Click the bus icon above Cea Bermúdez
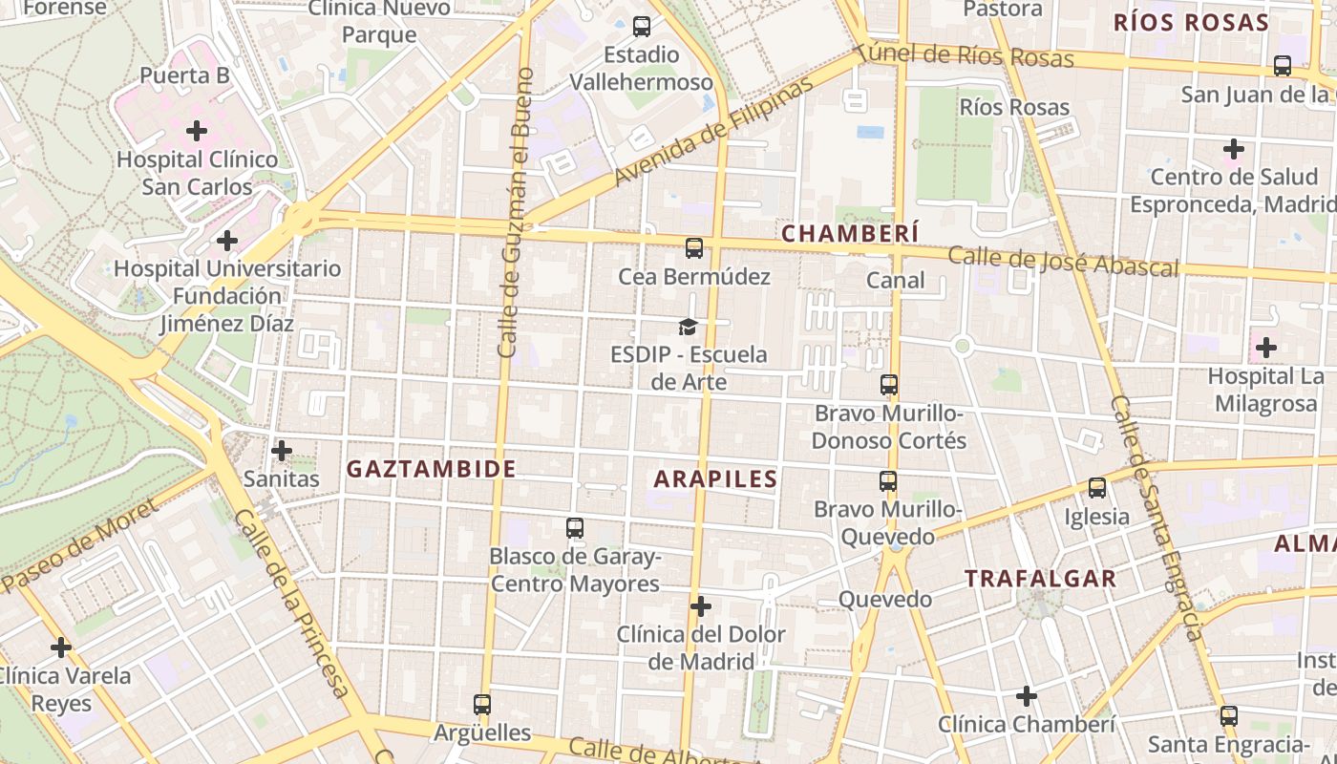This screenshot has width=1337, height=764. tap(694, 248)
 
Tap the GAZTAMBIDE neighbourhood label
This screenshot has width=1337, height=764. tap(431, 469)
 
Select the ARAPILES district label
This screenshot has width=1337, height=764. tap(715, 479)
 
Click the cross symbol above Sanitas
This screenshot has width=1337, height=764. tap(282, 450)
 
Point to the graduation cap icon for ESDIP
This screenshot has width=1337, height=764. tap(688, 328)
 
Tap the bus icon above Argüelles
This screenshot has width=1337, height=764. tap(482, 705)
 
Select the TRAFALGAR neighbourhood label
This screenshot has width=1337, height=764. tap(1040, 579)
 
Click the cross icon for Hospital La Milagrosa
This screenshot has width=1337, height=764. tap(1266, 348)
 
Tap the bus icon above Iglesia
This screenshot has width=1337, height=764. tap(1097, 488)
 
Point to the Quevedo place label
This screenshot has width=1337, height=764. tap(884, 600)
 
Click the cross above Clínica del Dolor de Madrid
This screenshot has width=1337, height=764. tap(701, 606)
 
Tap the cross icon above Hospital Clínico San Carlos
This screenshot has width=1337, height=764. tap(197, 130)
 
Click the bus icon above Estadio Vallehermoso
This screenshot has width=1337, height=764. tap(642, 27)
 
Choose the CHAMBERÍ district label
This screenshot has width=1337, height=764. tap(850, 233)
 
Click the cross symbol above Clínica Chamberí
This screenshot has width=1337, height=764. tap(1027, 696)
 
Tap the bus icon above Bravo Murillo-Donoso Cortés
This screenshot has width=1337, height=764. tap(889, 385)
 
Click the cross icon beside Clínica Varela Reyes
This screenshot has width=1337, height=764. tap(61, 647)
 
